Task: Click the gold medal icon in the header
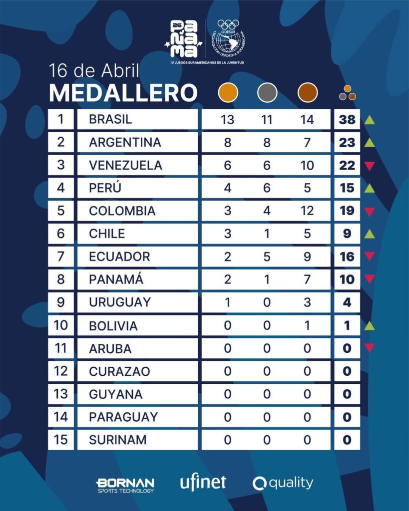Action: pos(228,93)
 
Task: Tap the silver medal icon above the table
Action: pos(267,93)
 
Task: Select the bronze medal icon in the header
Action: pos(307,93)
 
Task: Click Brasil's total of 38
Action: pos(347,120)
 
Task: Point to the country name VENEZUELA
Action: pos(125,165)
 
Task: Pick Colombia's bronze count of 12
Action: pos(307,211)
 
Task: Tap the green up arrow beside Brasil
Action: pos(369,120)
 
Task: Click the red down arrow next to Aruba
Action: pos(369,348)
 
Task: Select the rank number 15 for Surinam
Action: pos(61,440)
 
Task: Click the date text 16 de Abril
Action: pos(94,70)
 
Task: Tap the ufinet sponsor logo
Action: pos(203,483)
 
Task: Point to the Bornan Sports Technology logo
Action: pos(125,485)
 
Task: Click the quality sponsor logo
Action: pos(283,483)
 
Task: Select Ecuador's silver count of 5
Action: pos(267,256)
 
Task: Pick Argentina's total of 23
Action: pos(347,143)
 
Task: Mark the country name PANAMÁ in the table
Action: pos(116,279)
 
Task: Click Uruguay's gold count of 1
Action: pos(228,302)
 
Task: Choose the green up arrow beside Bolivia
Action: pos(369,325)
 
